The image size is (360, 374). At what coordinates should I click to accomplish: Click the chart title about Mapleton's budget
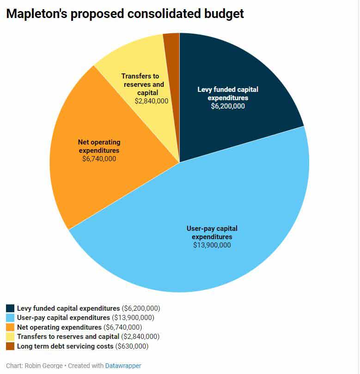click(125, 14)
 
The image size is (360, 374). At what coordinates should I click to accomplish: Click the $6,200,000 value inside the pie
click(227, 106)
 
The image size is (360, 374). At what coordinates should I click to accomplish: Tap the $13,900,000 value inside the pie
click(212, 245)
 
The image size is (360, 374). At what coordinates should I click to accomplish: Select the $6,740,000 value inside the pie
click(98, 159)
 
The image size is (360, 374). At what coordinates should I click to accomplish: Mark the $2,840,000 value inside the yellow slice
click(151, 101)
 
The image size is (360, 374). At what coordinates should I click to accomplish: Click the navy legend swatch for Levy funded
click(10, 308)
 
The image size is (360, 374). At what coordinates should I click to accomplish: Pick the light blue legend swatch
click(10, 318)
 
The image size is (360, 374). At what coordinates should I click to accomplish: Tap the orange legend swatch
click(10, 327)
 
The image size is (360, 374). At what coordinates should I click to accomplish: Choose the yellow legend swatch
click(10, 337)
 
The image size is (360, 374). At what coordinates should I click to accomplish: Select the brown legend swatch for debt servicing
click(10, 346)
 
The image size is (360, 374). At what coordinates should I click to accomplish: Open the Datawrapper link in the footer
click(123, 366)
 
